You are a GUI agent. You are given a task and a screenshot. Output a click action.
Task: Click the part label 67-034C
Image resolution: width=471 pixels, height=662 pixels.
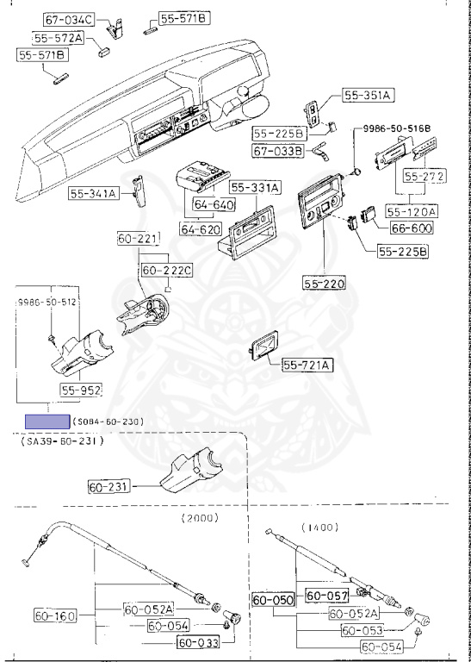[70, 19]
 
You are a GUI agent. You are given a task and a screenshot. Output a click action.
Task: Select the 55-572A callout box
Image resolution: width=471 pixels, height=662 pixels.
[59, 39]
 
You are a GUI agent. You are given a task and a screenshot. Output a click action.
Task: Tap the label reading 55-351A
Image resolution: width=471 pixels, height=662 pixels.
[369, 96]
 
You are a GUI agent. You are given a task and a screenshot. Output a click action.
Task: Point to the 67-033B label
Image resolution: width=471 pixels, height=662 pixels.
[278, 150]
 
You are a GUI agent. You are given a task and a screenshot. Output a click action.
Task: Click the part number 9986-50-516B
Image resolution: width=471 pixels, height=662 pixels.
[392, 128]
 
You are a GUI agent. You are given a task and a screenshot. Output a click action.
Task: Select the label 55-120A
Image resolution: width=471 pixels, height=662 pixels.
[412, 210]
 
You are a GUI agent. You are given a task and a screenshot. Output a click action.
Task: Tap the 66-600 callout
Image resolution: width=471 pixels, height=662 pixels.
[412, 228]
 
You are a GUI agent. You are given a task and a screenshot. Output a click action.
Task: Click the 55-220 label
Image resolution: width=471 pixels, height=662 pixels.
[324, 283]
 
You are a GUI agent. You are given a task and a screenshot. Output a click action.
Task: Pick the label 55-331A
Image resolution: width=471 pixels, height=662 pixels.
[256, 188]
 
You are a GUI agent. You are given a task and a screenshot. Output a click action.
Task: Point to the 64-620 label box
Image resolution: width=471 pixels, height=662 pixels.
[201, 229]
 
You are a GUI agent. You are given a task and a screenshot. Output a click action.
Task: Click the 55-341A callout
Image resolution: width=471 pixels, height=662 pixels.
[95, 193]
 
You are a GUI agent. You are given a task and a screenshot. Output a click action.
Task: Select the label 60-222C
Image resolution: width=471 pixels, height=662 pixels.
[167, 270]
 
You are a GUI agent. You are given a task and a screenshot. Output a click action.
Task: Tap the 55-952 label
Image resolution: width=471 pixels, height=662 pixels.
[81, 390]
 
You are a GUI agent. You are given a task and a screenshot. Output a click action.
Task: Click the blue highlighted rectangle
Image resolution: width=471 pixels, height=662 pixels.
[47, 422]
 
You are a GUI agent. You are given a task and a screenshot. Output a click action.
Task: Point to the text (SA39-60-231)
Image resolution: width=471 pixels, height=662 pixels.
[62, 441]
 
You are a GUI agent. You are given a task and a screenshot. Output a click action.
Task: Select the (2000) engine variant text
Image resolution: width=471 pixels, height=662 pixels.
[200, 518]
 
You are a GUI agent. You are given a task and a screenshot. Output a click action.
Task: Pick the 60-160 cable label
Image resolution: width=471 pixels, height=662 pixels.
[56, 616]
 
